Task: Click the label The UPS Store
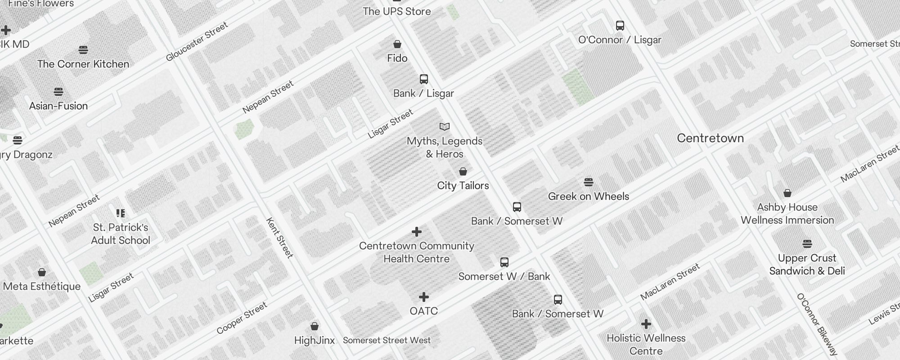[x=397, y=12]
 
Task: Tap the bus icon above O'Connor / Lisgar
[x=620, y=26]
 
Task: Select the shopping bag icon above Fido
[x=397, y=44]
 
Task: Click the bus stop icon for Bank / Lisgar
[x=424, y=79]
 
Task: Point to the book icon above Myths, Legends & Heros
[x=445, y=127]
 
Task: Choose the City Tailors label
[x=463, y=185]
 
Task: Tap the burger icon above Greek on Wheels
[x=589, y=182]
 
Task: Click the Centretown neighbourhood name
[x=711, y=138]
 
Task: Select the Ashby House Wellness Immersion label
[x=787, y=214]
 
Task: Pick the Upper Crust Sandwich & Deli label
[x=807, y=265]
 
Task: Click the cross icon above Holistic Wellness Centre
[x=646, y=324]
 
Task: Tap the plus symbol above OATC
[x=424, y=297]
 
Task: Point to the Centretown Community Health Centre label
[x=417, y=252]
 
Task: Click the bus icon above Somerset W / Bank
[x=504, y=262]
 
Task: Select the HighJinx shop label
[x=315, y=340]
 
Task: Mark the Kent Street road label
[x=279, y=238]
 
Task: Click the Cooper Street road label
[x=242, y=318]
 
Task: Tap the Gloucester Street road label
[x=197, y=42]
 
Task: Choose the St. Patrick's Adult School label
[x=121, y=234]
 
